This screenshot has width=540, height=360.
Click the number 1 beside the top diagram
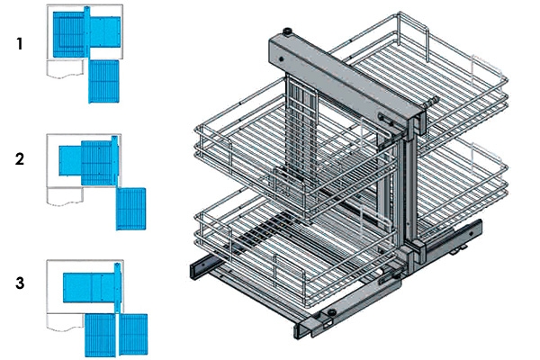pyautogui.click(x=20, y=42)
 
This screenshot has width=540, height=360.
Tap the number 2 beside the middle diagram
pyautogui.click(x=20, y=160)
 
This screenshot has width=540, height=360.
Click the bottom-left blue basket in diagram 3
pyautogui.click(x=101, y=334)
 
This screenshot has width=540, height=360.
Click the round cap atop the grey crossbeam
pyautogui.click(x=287, y=33)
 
